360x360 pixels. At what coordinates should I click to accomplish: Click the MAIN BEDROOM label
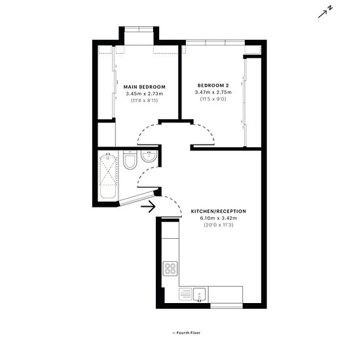coord(145,87)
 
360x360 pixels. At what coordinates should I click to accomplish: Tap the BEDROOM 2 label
coord(213,86)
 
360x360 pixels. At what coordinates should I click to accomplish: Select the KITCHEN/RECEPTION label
coord(219,211)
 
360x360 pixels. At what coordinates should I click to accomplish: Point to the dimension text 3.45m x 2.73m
coord(145,94)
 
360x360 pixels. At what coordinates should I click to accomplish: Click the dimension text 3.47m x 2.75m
coord(213,92)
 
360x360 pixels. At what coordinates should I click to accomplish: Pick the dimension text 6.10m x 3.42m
coord(219,218)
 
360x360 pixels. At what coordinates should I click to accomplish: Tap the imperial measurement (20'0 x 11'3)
coord(219,225)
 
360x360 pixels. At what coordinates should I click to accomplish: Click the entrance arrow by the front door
coord(149,206)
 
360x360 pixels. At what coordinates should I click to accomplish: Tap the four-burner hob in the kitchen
coord(170,268)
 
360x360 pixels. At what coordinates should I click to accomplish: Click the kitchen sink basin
coord(199,295)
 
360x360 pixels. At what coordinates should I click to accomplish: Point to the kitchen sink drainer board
coord(185,295)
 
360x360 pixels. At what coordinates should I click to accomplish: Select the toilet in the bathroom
coord(130,160)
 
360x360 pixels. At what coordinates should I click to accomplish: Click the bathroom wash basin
coord(149,156)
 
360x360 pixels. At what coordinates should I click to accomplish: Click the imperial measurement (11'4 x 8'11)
coord(145,101)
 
